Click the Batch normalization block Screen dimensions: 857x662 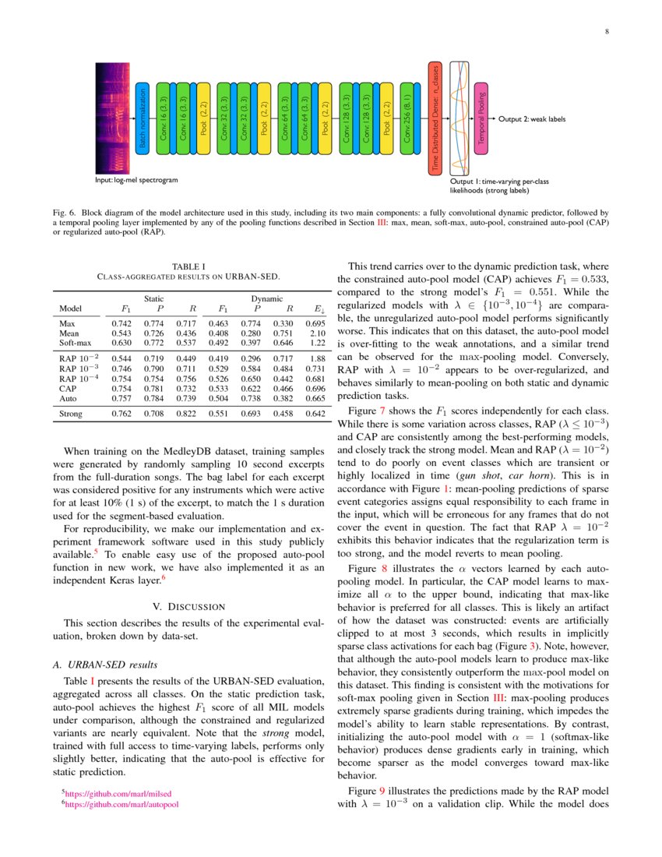(x=142, y=118)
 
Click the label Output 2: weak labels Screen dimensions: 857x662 (x=532, y=119)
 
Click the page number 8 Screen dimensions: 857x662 (x=605, y=32)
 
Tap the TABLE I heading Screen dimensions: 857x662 (x=188, y=266)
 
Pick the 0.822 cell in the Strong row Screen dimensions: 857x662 (x=185, y=414)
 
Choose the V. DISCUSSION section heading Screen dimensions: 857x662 (x=188, y=605)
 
